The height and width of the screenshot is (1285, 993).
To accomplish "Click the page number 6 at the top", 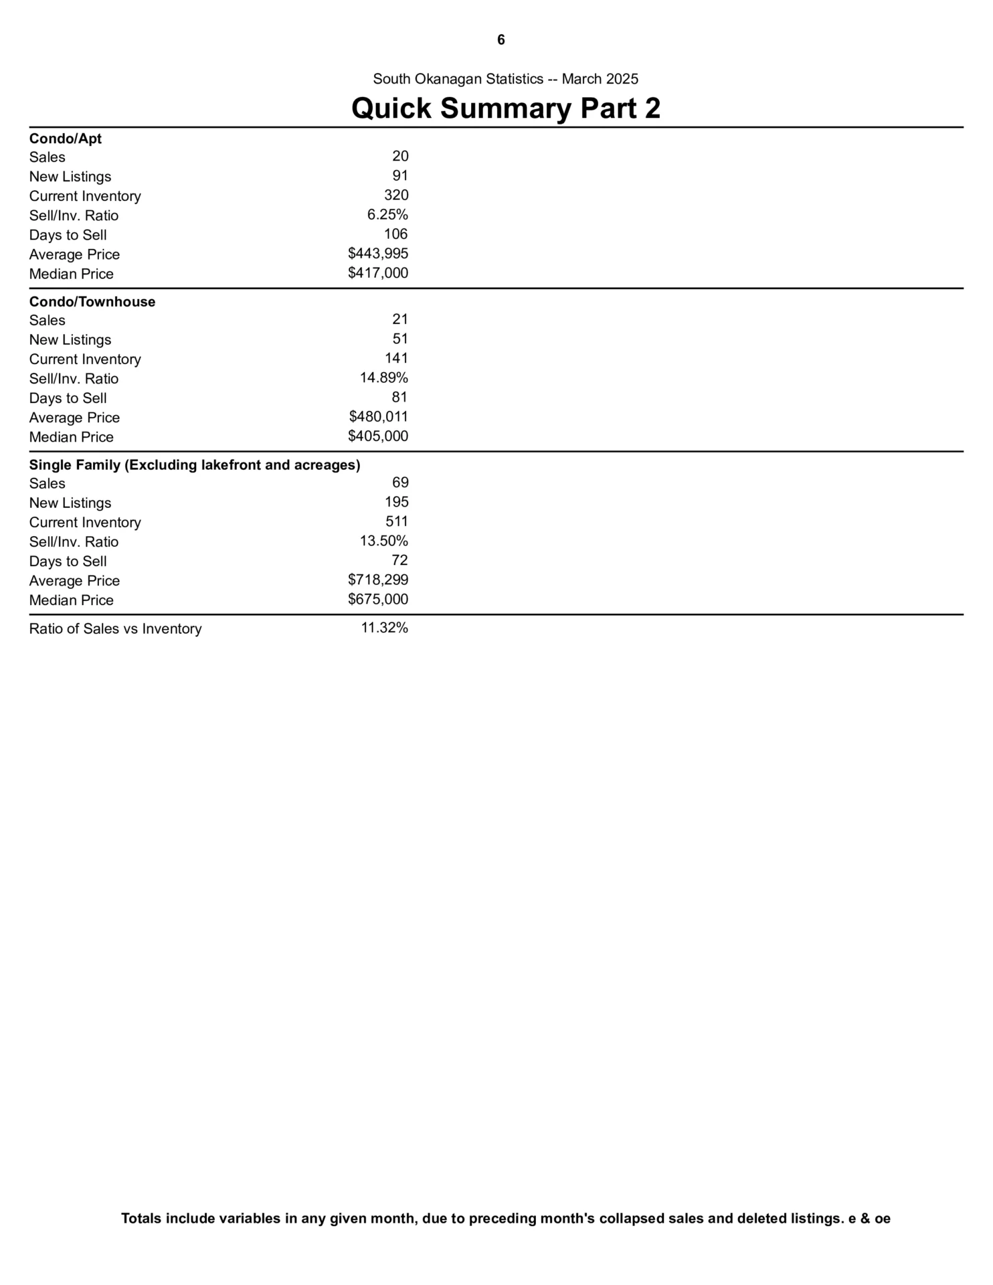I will (x=501, y=40).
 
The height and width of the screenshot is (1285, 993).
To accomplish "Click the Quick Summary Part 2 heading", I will (x=506, y=108).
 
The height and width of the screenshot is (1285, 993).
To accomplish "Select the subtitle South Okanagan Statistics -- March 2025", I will (x=505, y=79).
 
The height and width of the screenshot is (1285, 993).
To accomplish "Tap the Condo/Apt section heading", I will (x=66, y=139).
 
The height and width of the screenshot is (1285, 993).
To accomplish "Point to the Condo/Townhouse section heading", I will (x=92, y=302).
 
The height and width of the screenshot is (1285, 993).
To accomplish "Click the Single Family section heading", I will (x=195, y=465).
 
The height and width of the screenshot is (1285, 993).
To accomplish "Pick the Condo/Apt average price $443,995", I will (x=378, y=254).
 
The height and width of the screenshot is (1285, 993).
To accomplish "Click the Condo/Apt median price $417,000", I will (x=378, y=273).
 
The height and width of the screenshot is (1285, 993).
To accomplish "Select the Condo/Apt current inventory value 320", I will (x=396, y=195).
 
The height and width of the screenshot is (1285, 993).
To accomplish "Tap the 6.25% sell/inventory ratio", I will (x=387, y=215).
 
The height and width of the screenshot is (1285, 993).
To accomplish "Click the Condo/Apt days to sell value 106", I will (x=395, y=234).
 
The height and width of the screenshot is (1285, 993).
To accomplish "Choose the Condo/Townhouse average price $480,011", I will (x=378, y=417).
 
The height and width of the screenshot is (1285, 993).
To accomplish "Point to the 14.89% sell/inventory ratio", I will (x=384, y=378).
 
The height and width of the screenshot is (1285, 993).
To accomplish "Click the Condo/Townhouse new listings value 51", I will (x=400, y=339).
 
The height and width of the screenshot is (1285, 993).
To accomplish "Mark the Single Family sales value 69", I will (x=400, y=483).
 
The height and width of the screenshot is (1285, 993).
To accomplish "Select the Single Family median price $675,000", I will (x=378, y=600).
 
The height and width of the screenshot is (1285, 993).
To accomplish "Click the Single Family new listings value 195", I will (x=396, y=502).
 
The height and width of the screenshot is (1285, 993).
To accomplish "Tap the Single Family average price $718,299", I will (x=378, y=580).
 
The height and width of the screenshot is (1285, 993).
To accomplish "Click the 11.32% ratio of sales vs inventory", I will (x=384, y=628).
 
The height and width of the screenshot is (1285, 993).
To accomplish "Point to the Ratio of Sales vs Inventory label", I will (x=115, y=629).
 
